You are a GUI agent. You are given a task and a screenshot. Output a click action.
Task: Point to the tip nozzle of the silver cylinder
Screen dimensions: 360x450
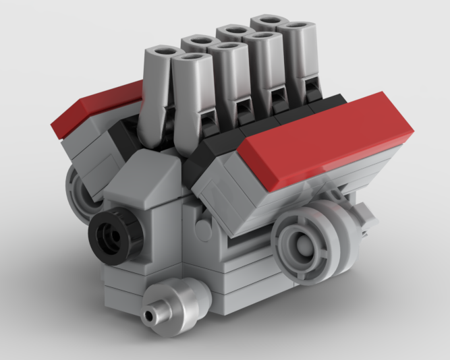(150, 316)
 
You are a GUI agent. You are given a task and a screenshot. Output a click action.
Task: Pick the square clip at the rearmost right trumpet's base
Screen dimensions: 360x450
(311, 88)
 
